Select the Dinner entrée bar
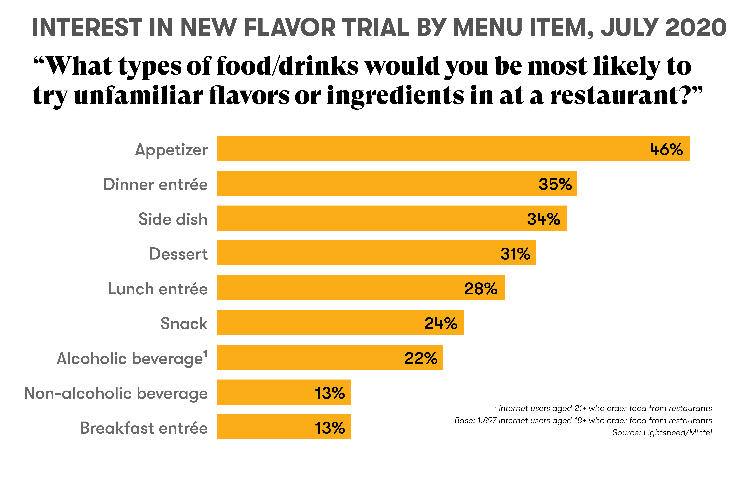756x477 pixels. pos(396,183)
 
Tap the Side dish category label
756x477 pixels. pos(173,219)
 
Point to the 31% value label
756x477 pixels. pos(515,254)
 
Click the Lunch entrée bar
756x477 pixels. pos(360,287)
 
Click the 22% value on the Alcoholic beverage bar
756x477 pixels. pos(421,358)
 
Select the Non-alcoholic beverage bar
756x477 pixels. pos(283,392)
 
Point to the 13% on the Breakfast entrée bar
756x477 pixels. pos(330,428)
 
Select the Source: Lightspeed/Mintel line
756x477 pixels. pos(662,433)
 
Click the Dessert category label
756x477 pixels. pos(178,254)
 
